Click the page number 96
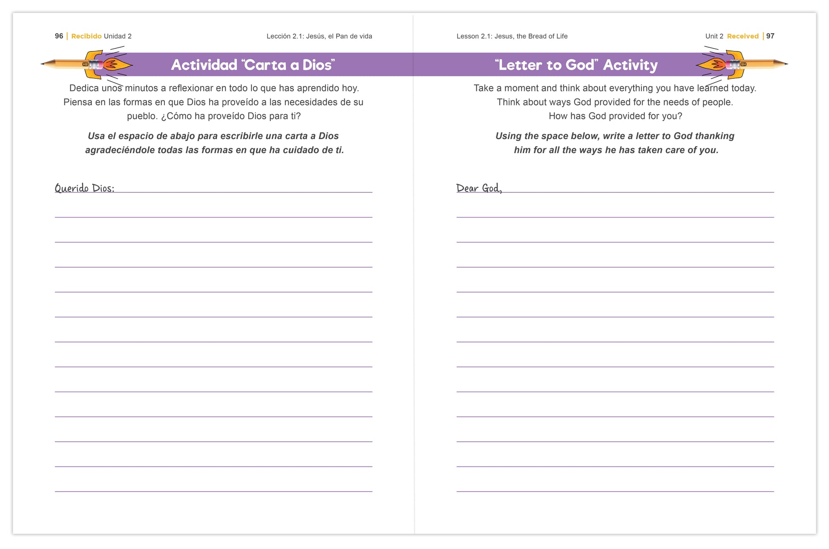(59, 36)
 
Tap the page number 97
(770, 36)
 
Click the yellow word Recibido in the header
(86, 36)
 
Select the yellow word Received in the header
(743, 36)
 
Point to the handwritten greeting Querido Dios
(84, 188)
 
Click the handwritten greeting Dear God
(479, 188)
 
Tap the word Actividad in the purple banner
(204, 65)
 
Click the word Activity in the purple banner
(630, 65)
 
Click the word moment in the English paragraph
(521, 88)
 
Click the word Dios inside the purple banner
(317, 65)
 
